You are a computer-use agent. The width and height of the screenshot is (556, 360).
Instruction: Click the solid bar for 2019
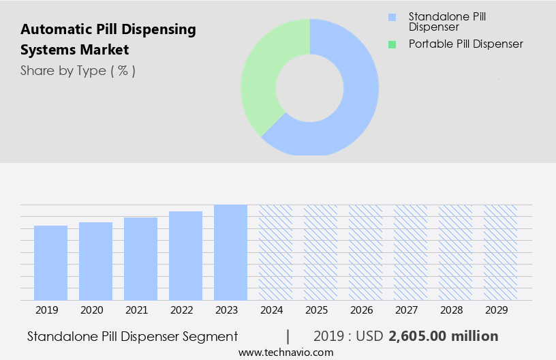pos(50,262)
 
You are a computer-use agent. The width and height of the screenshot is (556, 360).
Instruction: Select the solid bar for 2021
pos(140,258)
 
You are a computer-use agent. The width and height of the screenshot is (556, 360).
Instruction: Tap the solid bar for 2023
pos(230,252)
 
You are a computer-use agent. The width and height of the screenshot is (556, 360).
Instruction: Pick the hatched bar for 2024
pos(275,252)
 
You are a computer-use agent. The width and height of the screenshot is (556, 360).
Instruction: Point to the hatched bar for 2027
pos(410,252)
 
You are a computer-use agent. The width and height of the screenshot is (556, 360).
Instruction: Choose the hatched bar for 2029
pos(500,252)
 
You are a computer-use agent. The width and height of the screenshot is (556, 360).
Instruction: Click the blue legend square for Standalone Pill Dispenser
pos(391,17)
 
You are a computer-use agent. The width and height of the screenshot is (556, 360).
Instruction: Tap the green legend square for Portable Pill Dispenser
pos(391,44)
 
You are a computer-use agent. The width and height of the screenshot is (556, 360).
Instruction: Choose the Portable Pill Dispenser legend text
pos(465,44)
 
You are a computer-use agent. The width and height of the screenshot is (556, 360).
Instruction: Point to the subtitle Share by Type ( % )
pos(78,71)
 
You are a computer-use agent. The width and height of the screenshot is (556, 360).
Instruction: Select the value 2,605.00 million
pos(443,336)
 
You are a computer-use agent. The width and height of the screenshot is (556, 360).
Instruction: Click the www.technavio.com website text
pos(285,352)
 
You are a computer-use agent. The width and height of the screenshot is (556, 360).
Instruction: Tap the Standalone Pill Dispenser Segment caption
pos(133,336)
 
